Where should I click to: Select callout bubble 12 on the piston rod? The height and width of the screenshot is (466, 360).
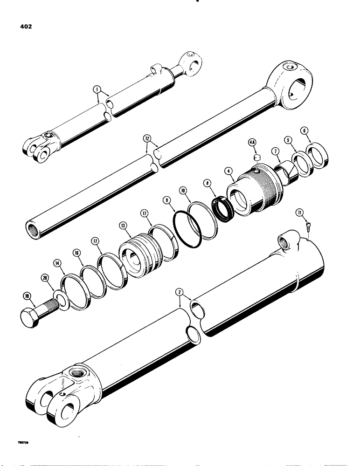click(x=147, y=139)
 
